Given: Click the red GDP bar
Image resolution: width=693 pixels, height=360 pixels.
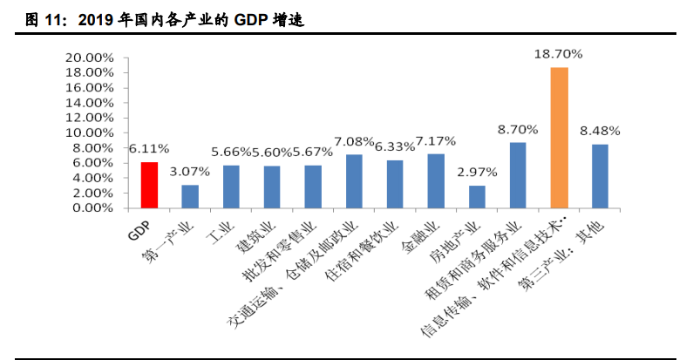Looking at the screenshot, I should coord(149,186).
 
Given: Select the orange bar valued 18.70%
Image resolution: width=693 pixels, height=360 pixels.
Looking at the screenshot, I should coord(559,138).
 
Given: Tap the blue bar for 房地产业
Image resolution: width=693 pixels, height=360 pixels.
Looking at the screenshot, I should coord(477,197).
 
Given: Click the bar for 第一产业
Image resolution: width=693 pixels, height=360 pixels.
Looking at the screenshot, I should coord(190,197).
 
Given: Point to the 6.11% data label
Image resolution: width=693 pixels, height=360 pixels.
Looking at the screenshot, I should coord(149,149).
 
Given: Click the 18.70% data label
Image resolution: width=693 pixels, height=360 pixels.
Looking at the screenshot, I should coord(559,54).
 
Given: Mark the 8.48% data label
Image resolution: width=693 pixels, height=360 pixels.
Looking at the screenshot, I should coord(600,131).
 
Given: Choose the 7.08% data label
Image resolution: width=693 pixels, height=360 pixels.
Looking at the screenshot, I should coord(354,141).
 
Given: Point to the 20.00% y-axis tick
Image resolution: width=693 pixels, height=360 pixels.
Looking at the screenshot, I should coord(89,58).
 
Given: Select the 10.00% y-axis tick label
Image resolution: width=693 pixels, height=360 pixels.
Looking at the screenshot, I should coord(89,132).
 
